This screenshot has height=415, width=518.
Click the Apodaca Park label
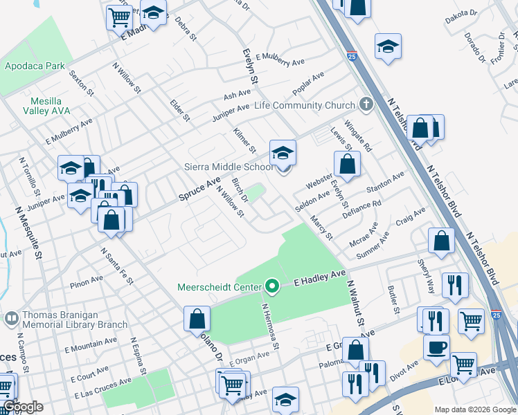(x=35, y=66)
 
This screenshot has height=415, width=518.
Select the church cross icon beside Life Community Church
(x=366, y=104)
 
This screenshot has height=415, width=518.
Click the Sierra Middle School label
(x=228, y=167)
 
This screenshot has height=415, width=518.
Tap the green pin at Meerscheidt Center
(x=272, y=286)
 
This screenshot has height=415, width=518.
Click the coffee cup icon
(x=436, y=347)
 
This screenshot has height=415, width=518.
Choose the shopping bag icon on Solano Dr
(x=197, y=319)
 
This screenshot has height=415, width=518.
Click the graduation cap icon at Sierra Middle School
(x=283, y=153)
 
